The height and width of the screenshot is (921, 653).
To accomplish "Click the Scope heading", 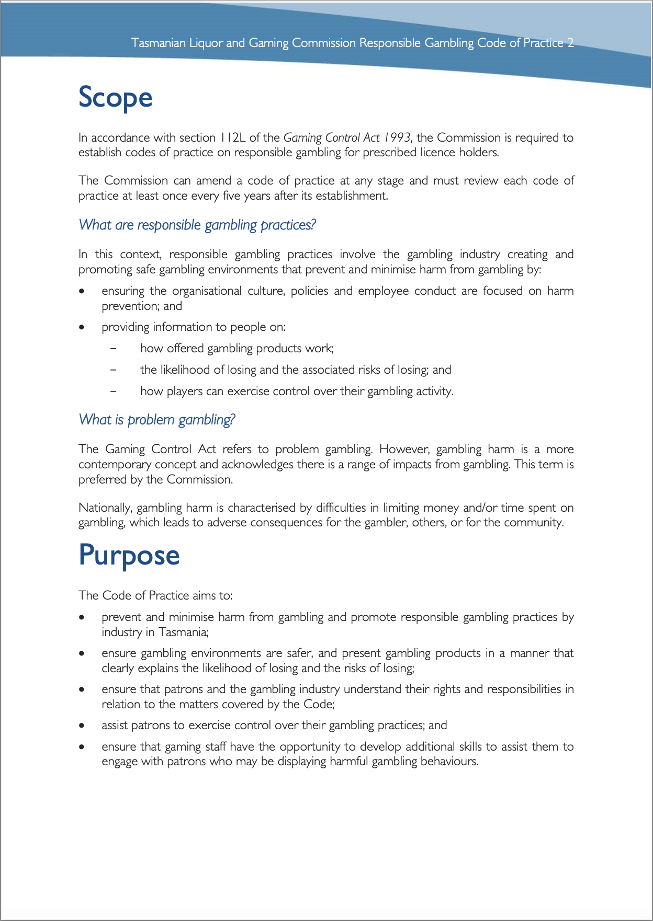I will tap(115, 98).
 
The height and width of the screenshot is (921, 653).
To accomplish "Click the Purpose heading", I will tap(129, 556).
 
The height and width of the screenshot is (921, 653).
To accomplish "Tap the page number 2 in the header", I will tap(570, 43).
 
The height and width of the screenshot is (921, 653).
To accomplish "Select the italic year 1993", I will tap(396, 137).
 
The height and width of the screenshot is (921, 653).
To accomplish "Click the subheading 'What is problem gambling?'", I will tap(157, 420).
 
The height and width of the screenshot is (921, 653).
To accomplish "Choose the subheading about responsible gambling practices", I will tap(197, 225).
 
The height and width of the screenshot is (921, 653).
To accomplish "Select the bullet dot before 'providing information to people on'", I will tap(82, 327).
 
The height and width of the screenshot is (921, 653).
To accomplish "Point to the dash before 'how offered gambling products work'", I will tap(113, 349).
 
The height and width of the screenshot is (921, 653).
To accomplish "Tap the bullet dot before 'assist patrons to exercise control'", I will tap(82, 726).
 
